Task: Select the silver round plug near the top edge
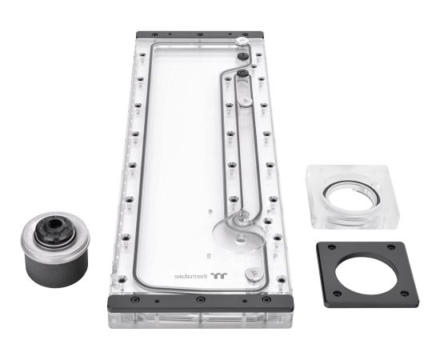pos(243,39)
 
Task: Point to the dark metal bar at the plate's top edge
pos(199,37)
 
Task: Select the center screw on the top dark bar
pos(199,37)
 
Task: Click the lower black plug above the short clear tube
pos(243,74)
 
